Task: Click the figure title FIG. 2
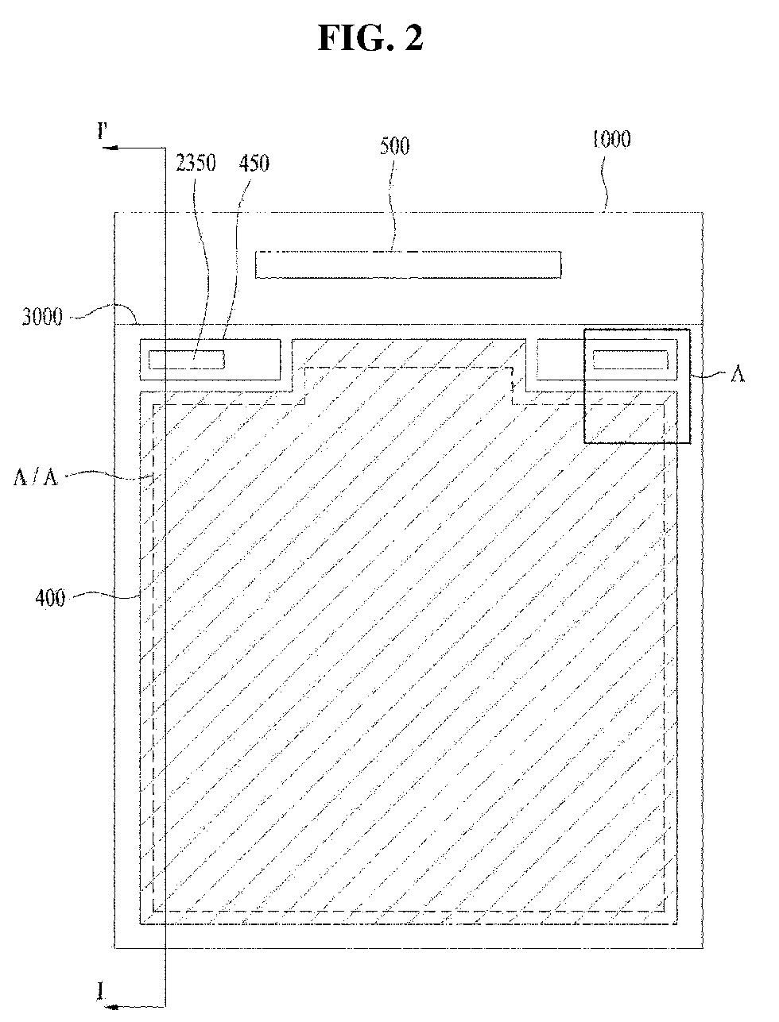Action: (x=370, y=37)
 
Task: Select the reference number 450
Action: (x=254, y=164)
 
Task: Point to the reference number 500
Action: (x=395, y=146)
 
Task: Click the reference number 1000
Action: (x=610, y=140)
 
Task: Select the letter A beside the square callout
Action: (x=737, y=375)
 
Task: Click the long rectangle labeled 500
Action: (x=408, y=264)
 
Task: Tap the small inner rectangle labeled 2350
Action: (x=187, y=360)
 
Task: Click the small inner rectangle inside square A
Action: (x=630, y=360)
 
